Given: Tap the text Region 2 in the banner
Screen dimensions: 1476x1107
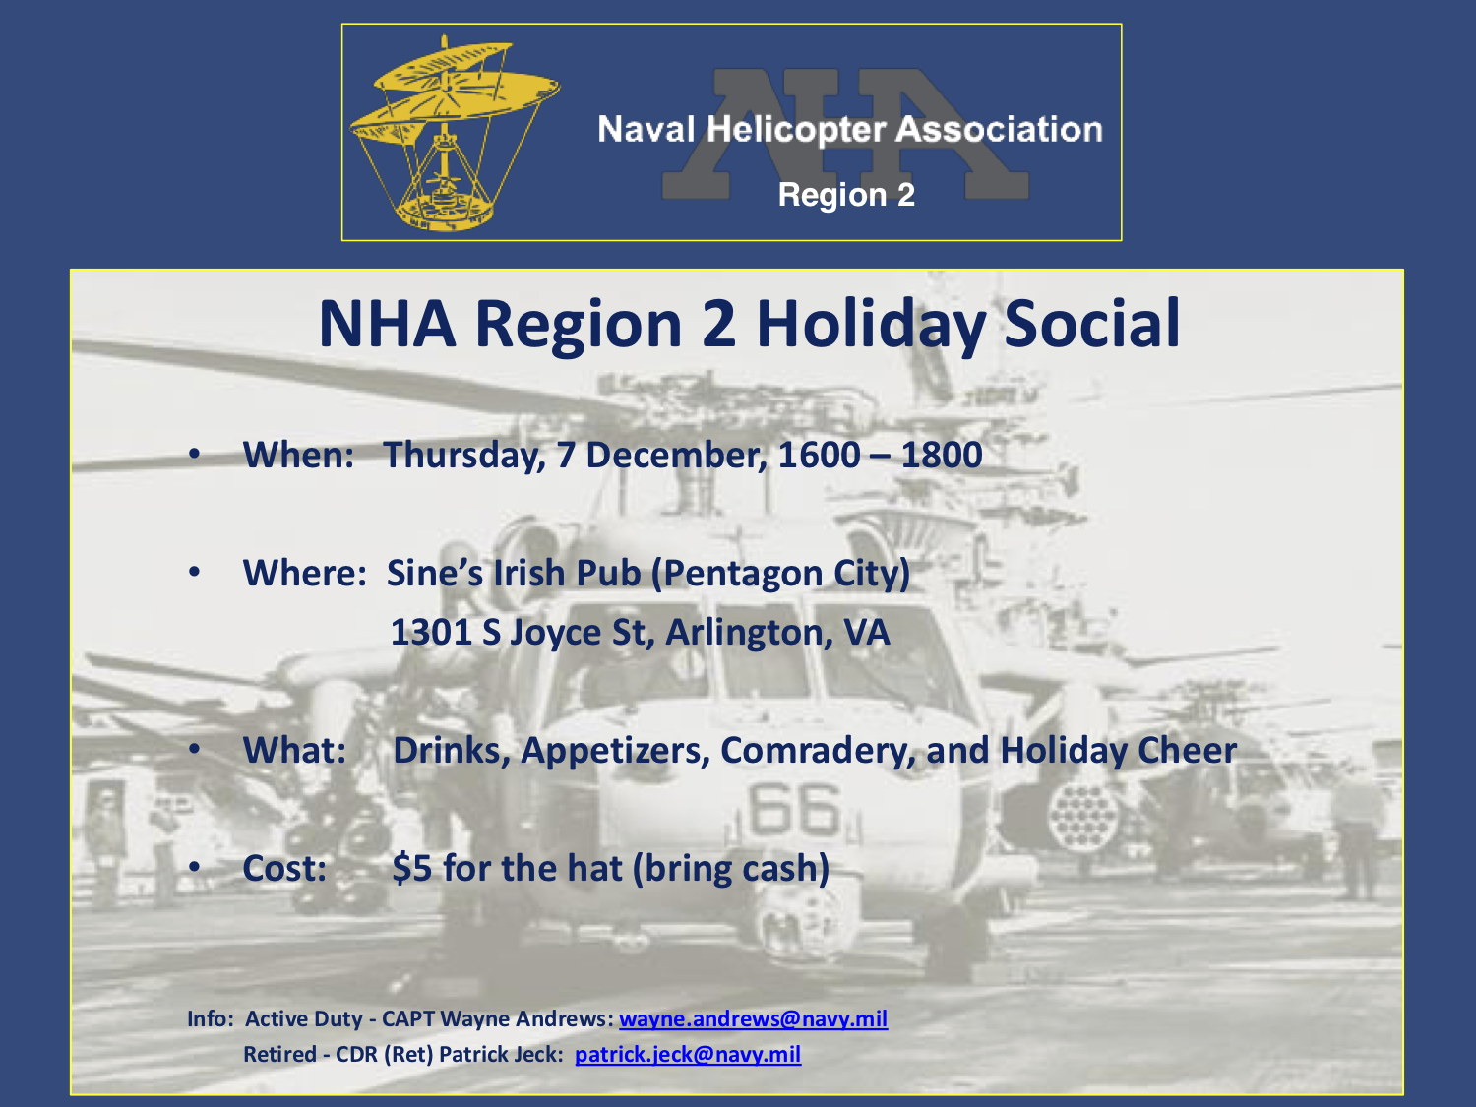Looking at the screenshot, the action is coord(846,195).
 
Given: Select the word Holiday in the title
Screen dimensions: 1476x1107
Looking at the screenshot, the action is coord(871,326).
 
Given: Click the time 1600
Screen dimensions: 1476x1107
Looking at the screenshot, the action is coord(819,455).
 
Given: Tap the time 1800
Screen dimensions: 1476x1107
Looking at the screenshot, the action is coord(942,455).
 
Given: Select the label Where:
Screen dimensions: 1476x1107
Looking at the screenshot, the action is coord(305,574).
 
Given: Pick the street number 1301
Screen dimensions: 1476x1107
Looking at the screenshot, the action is coord(431,633).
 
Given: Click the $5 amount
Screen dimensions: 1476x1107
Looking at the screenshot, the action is coord(411,869).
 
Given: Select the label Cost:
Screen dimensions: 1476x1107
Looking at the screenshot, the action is coord(284,869).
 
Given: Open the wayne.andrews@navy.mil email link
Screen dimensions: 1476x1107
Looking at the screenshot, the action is coord(753,1019).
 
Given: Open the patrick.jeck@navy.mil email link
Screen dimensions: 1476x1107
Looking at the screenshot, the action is coord(687,1055).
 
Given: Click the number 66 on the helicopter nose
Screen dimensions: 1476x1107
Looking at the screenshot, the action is coord(794,810).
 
